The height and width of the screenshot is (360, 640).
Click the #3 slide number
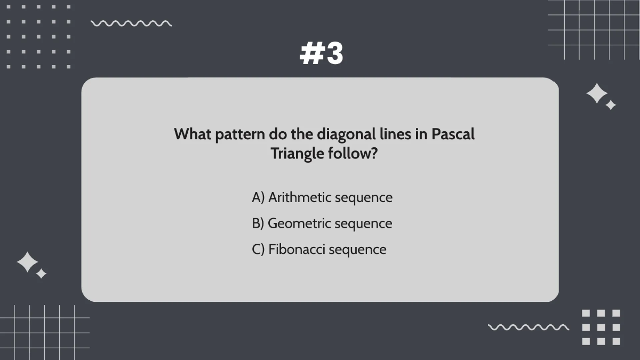tap(322, 54)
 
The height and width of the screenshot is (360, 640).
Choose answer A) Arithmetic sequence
tap(322, 197)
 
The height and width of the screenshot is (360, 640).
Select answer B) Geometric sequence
tap(322, 223)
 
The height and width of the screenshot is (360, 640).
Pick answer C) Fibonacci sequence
tap(319, 249)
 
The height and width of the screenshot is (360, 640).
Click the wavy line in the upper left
tap(131, 23)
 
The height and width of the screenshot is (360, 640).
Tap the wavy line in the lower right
tap(529, 327)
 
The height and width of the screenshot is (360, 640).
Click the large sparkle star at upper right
tap(597, 94)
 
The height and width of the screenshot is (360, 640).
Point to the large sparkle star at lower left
tap(27, 262)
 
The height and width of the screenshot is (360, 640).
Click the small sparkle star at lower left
tap(41, 274)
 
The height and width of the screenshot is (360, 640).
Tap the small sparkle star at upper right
tap(611, 105)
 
